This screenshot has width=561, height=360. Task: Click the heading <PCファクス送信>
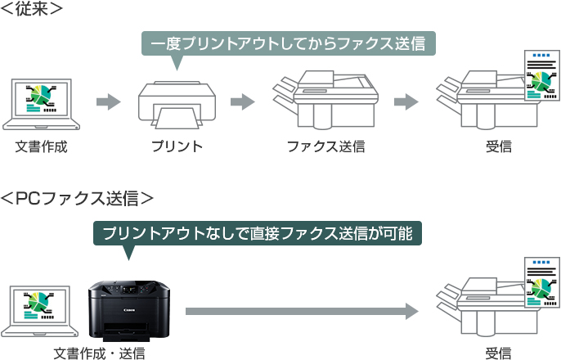pyautogui.click(x=77, y=198)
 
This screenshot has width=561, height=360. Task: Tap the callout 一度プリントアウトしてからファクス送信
pyautogui.click(x=288, y=43)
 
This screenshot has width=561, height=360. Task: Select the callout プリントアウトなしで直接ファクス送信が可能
pyautogui.click(x=258, y=233)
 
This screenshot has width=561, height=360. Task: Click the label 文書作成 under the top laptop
pyautogui.click(x=41, y=147)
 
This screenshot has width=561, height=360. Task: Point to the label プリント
pyautogui.click(x=176, y=147)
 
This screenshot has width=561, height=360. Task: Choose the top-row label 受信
pyautogui.click(x=498, y=147)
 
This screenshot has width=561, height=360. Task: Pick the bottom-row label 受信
pyautogui.click(x=498, y=353)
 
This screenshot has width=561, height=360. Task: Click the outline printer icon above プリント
pyautogui.click(x=175, y=104)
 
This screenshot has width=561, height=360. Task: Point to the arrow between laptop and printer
pyautogui.click(x=108, y=102)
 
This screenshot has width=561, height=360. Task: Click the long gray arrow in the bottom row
pyautogui.click(x=302, y=311)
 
